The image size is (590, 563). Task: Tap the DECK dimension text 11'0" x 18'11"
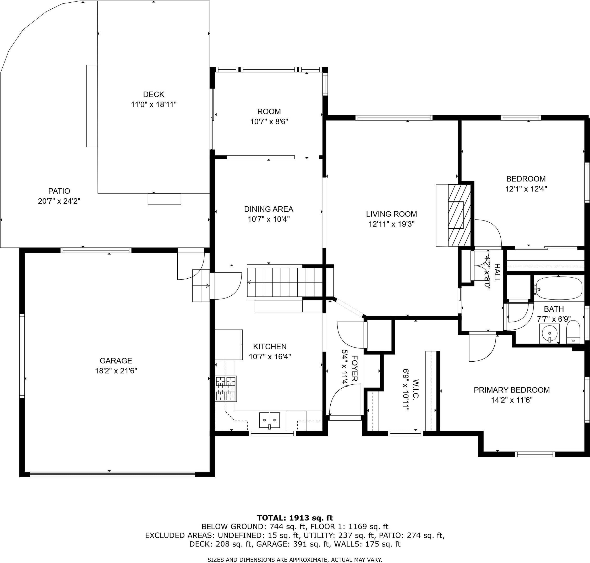[x=154, y=104]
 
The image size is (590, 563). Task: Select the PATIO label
[x=59, y=191]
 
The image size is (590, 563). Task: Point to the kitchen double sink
[x=269, y=420]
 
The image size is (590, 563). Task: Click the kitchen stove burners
[x=226, y=389]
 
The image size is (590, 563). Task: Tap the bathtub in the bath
[x=559, y=288]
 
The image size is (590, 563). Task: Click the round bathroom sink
[x=549, y=333]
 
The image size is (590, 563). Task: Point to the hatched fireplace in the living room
[x=459, y=215]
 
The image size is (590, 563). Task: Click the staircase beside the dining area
[x=285, y=282]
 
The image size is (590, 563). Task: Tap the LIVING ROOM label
[x=391, y=214]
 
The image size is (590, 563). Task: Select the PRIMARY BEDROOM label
[x=512, y=390]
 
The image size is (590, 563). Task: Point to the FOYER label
[x=354, y=368]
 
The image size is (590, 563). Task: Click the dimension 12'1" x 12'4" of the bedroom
[x=526, y=189]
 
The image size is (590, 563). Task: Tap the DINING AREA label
[x=269, y=209]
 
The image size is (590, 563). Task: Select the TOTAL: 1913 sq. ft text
[x=295, y=518]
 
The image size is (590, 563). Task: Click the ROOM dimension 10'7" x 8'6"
[x=269, y=122]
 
